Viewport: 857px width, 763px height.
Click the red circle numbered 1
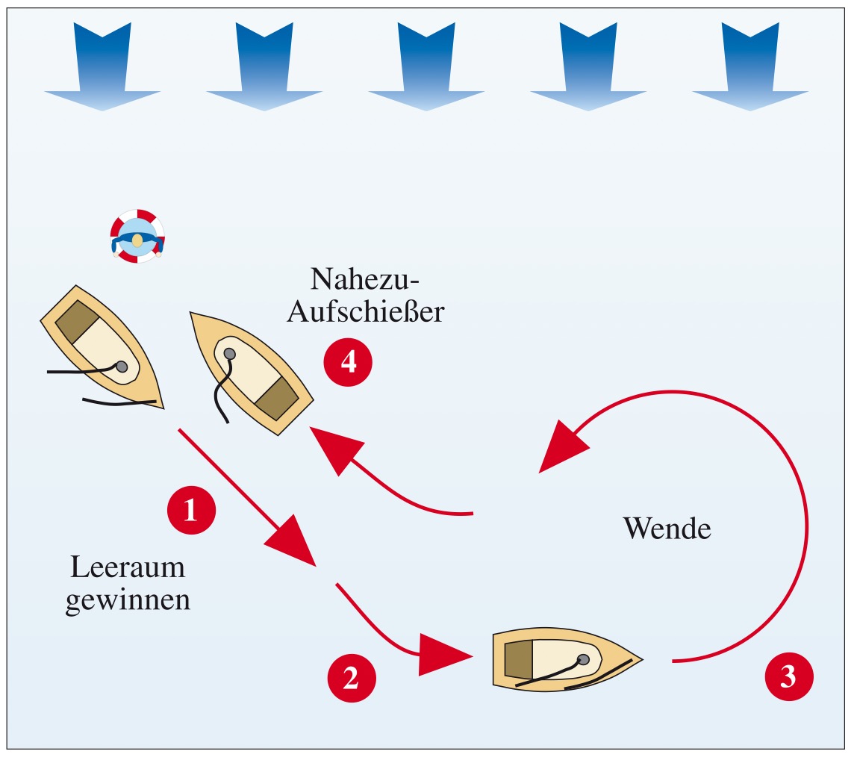coord(191,510)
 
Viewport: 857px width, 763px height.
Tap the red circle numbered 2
coord(352,678)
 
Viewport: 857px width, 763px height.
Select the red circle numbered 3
coord(788,676)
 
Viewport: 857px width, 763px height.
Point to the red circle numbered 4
coord(348,362)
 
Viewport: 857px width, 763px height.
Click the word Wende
coord(667,529)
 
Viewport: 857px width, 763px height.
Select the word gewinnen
coord(128,600)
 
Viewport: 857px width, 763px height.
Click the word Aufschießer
coord(366,311)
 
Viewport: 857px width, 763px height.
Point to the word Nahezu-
coord(364,278)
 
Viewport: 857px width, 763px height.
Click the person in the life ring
coord(137,236)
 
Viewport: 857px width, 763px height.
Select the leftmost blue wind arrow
coord(102,66)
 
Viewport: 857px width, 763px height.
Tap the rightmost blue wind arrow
coord(750,66)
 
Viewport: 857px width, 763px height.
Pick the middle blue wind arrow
coord(426,66)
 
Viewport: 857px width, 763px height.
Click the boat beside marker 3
coord(567,658)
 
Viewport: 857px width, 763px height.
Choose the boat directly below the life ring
coord(102,347)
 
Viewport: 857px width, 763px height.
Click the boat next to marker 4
coord(252,373)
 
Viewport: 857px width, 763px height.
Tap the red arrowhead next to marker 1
coord(291,541)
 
